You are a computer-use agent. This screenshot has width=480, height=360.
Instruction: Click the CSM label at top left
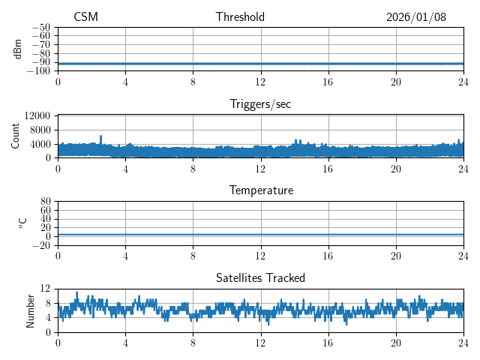coord(85,17)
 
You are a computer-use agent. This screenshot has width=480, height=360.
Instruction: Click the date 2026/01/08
coord(416,17)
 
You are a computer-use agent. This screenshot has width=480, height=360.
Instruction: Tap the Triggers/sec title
coord(260,104)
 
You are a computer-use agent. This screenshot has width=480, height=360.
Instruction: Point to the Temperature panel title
coord(260,190)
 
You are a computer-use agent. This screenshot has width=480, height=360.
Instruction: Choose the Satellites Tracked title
coord(260,277)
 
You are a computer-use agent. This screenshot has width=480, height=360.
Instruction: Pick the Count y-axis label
coord(16,136)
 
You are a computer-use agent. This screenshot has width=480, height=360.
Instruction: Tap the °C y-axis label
coord(22,223)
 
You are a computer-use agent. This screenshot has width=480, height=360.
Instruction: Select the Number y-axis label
coord(31,310)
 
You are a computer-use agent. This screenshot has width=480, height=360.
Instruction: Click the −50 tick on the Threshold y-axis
coord(41,27)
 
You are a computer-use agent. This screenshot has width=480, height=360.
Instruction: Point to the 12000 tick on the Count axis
coord(37,116)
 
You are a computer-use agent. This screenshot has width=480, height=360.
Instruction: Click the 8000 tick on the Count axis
coord(39,130)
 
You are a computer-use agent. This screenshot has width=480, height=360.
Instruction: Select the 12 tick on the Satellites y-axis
coord(45,289)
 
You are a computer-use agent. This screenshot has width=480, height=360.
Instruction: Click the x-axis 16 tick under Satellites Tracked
coord(328,343)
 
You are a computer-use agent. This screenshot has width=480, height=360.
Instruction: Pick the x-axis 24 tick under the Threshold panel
coord(463,82)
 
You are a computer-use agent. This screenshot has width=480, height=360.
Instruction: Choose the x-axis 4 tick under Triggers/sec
coord(125,169)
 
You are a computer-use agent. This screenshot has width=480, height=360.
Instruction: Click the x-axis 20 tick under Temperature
coord(396,256)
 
